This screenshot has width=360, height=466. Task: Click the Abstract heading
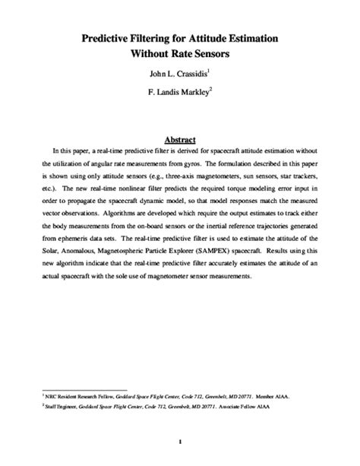tap(180, 139)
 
